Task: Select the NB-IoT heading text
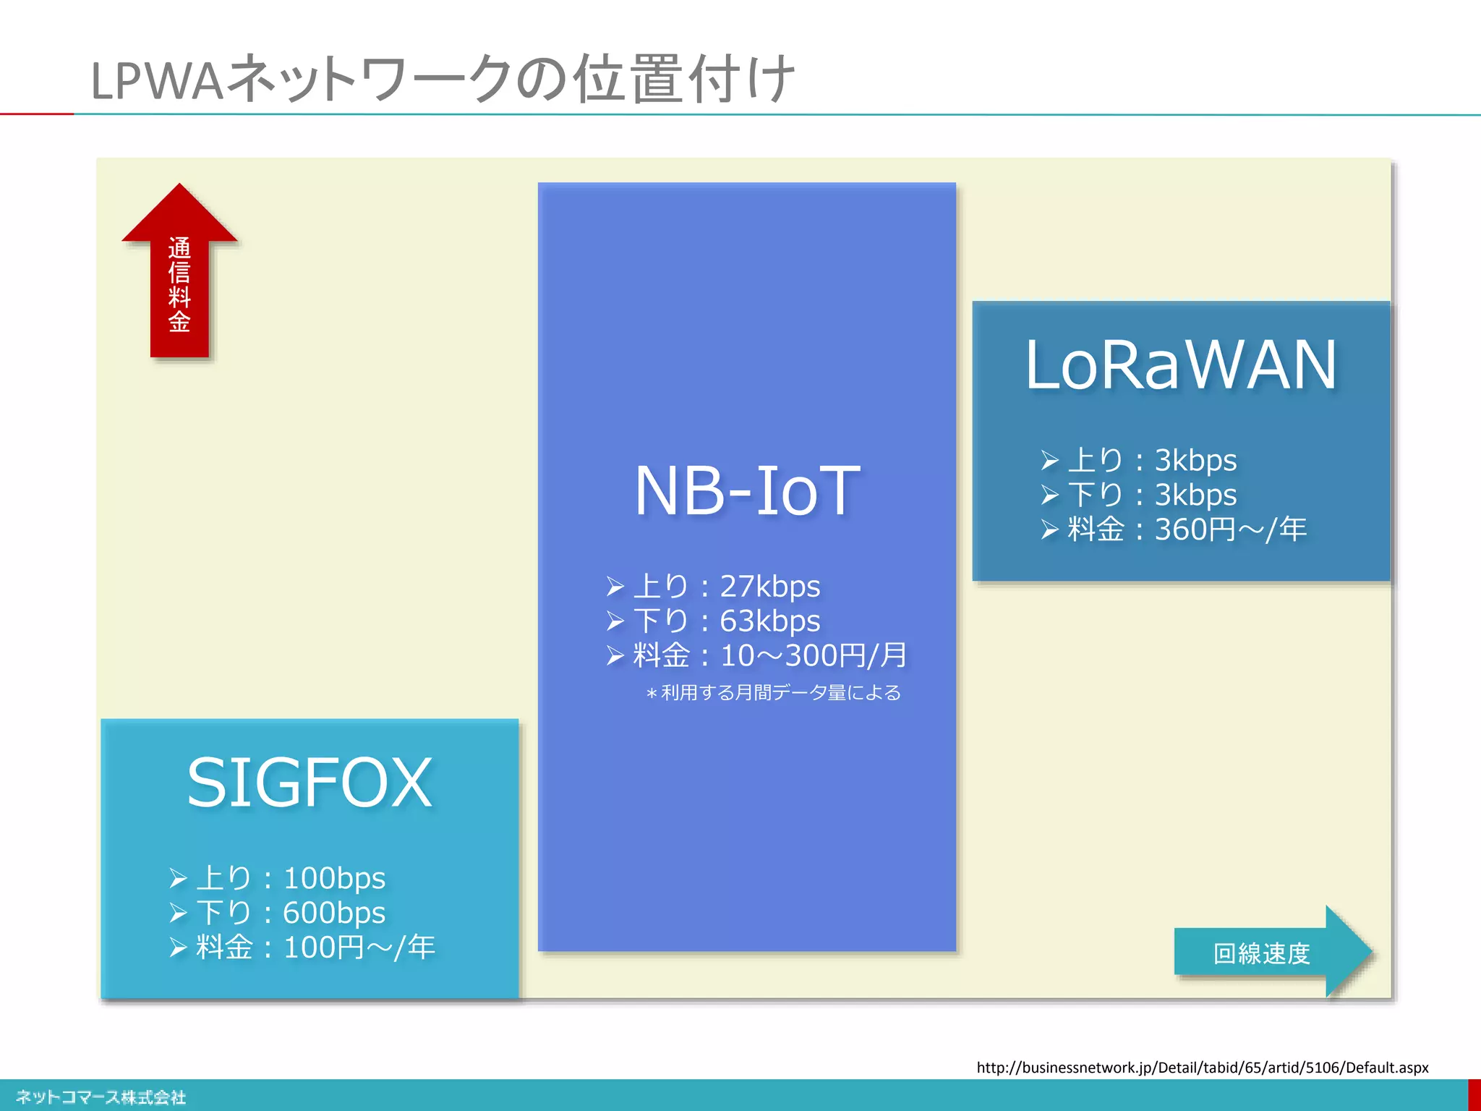coord(747,491)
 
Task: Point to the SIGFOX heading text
coord(310,783)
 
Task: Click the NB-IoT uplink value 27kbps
coord(769,586)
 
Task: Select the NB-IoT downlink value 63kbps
coord(769,621)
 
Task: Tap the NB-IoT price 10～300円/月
coord(813,655)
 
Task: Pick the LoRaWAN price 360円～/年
coord(1229,529)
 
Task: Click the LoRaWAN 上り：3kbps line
coord(1151,460)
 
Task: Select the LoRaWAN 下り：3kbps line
coord(1151,495)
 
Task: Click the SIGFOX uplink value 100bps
coord(334,878)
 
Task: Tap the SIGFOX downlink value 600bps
coord(334,913)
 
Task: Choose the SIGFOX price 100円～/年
coord(359,948)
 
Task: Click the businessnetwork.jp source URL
coord(1202,1068)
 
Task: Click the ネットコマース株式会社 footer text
coord(101,1097)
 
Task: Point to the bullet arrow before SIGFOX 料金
coord(178,948)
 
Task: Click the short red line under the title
coord(36,114)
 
